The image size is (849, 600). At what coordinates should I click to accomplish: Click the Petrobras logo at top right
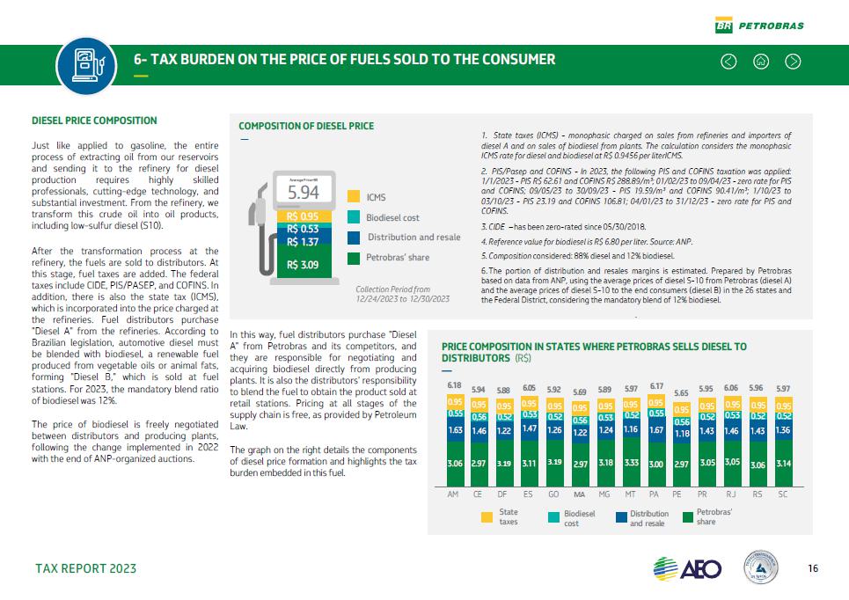759,26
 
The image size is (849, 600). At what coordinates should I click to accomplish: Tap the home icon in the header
761,61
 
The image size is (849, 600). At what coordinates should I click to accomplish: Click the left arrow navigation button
728,61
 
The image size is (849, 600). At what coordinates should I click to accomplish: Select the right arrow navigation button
793,61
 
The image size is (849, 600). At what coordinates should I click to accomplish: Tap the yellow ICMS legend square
354,197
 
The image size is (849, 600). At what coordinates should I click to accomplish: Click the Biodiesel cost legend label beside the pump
392,217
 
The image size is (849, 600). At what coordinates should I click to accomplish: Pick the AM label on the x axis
454,494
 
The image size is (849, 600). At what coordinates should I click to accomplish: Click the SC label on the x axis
782,494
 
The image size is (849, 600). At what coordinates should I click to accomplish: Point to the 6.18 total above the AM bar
455,386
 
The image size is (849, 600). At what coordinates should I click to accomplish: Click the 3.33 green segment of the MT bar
631,461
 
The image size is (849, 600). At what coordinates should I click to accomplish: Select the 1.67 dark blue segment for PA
655,431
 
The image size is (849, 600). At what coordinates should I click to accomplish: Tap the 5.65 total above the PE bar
681,393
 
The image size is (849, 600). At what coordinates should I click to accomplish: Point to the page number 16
812,568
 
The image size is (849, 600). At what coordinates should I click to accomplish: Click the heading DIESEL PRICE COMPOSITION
94,121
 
